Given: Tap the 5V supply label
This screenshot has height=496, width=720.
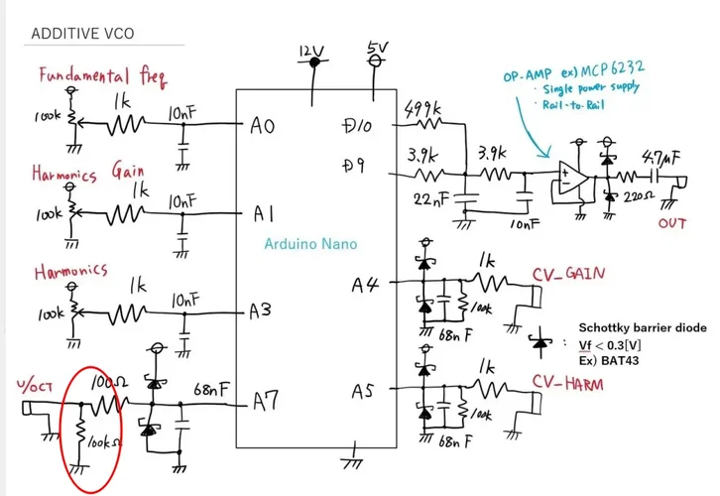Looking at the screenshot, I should (x=377, y=47).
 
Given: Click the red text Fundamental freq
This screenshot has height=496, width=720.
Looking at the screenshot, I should (x=102, y=75).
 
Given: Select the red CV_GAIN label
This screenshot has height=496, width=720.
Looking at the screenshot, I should (x=569, y=274).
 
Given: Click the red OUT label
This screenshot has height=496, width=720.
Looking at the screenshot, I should (x=671, y=223).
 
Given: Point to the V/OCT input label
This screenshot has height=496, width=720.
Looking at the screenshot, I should (x=34, y=384).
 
